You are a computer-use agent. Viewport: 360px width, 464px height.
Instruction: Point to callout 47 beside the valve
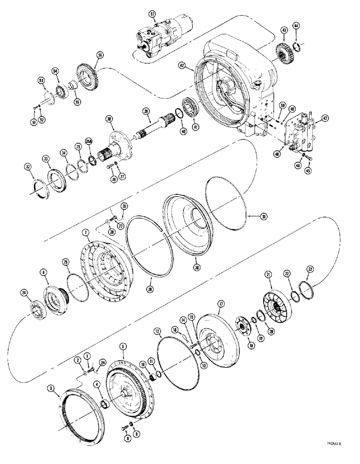click(x=324, y=119)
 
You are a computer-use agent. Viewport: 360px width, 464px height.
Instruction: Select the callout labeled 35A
click(x=89, y=142)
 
